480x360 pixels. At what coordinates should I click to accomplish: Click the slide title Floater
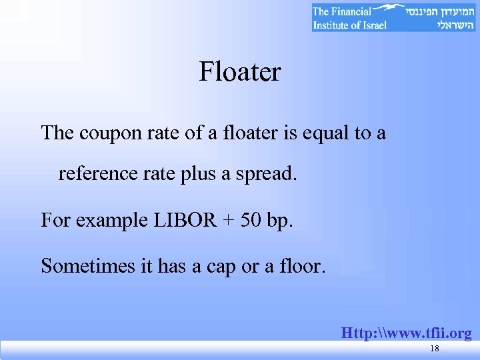click(x=239, y=72)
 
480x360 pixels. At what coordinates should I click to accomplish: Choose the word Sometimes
click(x=87, y=266)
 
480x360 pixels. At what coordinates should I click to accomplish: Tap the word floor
click(x=303, y=266)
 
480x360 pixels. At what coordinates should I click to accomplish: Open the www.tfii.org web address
click(x=406, y=333)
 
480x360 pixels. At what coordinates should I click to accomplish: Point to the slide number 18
click(x=435, y=349)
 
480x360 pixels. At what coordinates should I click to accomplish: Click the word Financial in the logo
click(x=351, y=11)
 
